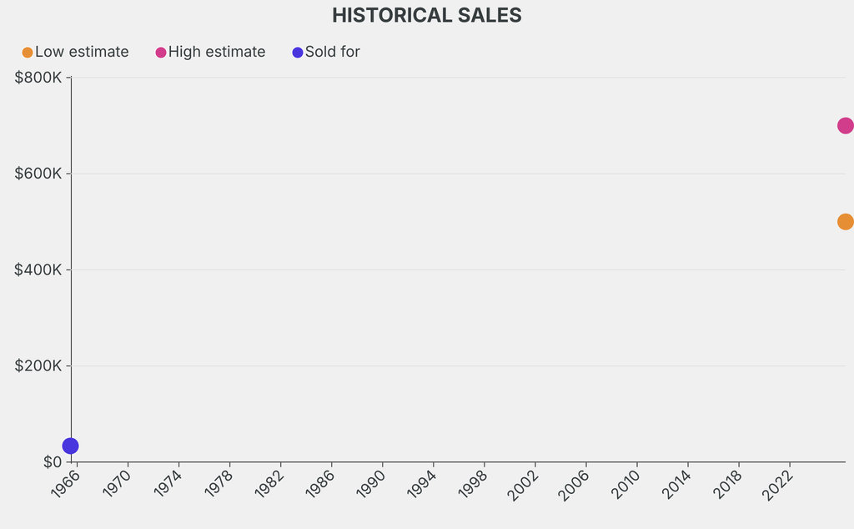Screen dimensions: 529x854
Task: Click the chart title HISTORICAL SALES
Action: tap(426, 16)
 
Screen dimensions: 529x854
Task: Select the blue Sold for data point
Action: tap(71, 446)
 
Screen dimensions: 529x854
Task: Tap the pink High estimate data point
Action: tap(845, 126)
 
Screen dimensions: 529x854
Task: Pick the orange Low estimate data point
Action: tap(845, 222)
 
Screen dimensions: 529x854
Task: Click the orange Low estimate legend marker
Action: tap(28, 53)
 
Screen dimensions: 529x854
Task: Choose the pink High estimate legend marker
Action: tap(161, 53)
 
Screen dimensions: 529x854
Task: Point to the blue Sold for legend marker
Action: tap(298, 53)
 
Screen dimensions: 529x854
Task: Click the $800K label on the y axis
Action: tap(38, 78)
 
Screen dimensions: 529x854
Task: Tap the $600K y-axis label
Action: tap(38, 174)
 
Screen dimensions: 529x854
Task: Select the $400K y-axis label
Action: tap(38, 270)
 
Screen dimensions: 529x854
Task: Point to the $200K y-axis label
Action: tap(38, 365)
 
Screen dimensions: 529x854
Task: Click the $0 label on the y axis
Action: tap(53, 462)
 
